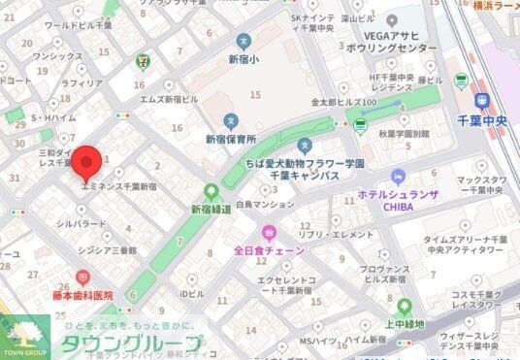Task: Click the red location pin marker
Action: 88,160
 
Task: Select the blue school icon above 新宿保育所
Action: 230,121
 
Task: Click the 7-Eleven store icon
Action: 144,50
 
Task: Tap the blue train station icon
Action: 482,100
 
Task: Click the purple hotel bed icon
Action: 397,176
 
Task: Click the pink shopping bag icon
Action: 269,232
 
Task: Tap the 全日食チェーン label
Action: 269,250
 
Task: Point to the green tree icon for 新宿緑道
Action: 211,191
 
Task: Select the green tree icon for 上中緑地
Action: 405,307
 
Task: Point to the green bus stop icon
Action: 361,124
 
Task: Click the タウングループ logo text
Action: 132,344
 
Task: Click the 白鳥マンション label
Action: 264,205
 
